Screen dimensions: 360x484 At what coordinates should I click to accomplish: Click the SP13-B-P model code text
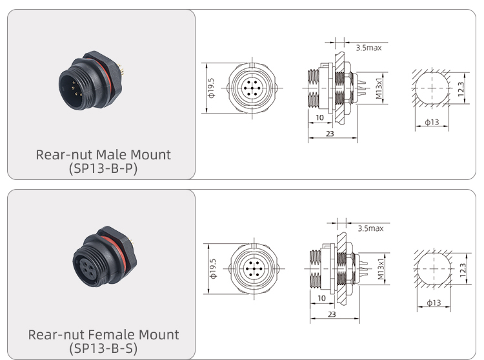pyautogui.click(x=103, y=168)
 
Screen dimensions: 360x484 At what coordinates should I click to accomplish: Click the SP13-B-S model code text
pyautogui.click(x=103, y=348)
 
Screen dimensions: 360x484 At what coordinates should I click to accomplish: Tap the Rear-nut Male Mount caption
pyautogui.click(x=103, y=155)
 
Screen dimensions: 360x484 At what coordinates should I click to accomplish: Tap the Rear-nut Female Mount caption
pyautogui.click(x=103, y=335)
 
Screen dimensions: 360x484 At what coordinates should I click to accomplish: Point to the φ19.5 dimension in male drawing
pyautogui.click(x=211, y=90)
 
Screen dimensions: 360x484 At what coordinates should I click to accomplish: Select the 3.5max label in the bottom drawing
pyautogui.click(x=370, y=228)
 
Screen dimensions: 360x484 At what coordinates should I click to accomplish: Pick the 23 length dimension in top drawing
pyautogui.click(x=330, y=134)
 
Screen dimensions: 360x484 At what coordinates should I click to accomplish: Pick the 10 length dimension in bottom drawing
pyautogui.click(x=321, y=298)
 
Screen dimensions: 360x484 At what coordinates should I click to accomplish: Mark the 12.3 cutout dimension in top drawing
pyautogui.click(x=461, y=89)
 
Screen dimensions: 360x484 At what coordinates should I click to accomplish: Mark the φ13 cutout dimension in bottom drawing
pyautogui.click(x=433, y=303)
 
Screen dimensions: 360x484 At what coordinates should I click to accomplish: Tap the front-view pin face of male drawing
pyautogui.click(x=252, y=88)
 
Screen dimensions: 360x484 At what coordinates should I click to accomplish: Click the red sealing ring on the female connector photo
pyautogui.click(x=110, y=237)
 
